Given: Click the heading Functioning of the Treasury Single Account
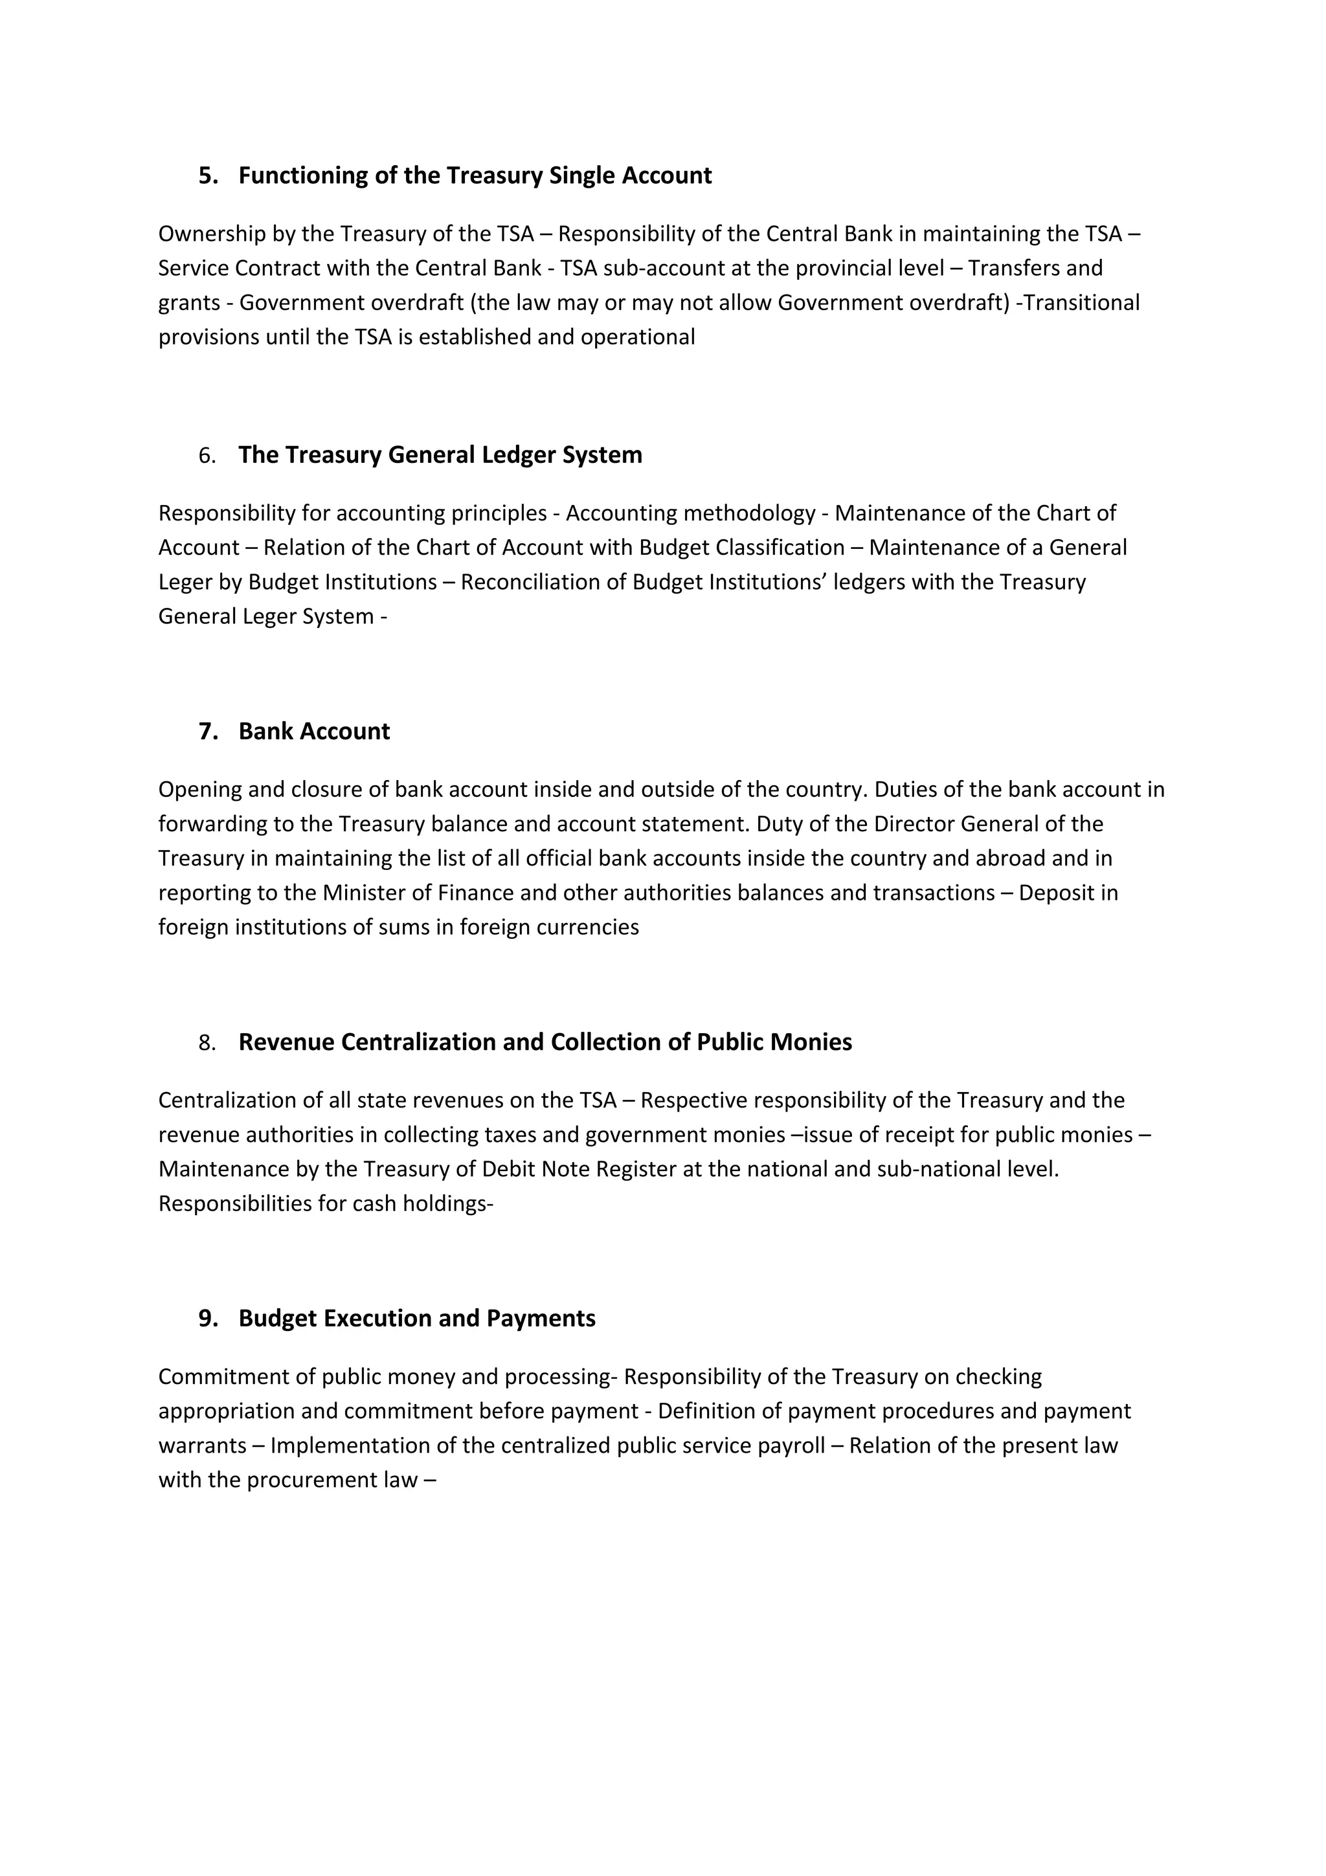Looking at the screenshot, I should [x=475, y=175].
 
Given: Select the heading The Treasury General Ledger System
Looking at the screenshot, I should [x=440, y=455].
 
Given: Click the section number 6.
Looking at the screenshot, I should [x=207, y=456].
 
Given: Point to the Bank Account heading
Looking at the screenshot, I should [x=314, y=731].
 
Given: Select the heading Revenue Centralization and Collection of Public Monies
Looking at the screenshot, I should [x=545, y=1043].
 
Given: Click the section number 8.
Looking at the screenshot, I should [x=207, y=1044].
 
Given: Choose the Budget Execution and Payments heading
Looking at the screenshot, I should [x=417, y=1319].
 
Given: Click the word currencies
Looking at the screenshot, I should [x=587, y=928].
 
